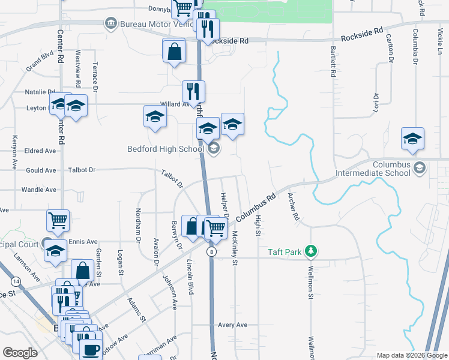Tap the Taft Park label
285,252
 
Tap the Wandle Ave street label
38,190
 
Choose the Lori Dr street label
376,104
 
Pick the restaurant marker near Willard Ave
193,91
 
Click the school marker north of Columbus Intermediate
413,138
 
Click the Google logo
20,353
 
